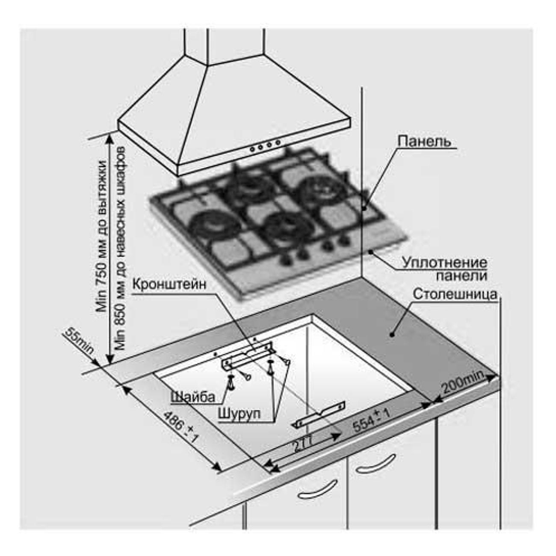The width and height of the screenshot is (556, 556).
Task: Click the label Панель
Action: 424,141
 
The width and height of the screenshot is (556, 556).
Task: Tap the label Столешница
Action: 455,294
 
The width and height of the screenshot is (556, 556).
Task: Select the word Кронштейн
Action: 169,284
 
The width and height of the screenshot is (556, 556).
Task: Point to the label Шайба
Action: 193,397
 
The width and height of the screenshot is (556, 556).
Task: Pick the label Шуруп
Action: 239,414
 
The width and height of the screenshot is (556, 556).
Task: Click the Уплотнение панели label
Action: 445,268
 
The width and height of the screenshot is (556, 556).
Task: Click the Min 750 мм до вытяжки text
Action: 101,236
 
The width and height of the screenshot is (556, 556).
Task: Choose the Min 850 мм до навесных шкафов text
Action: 121,248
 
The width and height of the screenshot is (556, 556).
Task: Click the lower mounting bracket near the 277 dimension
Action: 320,414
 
